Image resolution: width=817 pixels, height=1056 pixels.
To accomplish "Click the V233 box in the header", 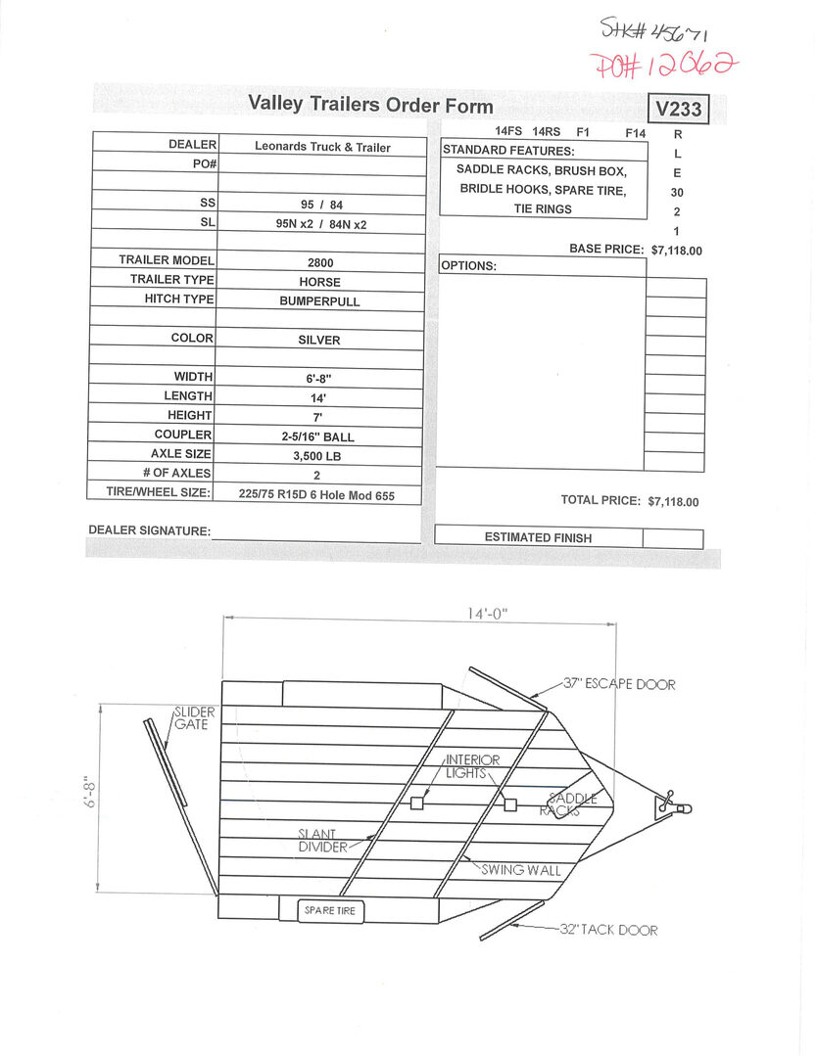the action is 678,109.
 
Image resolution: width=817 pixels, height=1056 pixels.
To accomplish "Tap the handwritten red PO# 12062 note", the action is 663,66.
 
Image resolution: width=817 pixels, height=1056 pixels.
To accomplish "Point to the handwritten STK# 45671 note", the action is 653,29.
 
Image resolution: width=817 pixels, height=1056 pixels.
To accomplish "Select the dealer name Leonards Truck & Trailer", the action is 322,147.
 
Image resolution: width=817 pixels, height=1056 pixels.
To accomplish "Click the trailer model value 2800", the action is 320,262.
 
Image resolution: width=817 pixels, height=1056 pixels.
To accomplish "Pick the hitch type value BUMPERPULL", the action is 319,301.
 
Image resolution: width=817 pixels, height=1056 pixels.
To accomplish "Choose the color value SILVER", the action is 318,341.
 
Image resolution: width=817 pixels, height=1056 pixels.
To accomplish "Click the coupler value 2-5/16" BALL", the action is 317,436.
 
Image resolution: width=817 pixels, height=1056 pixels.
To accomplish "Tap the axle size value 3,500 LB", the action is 316,456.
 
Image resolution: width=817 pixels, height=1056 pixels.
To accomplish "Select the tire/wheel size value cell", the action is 316,495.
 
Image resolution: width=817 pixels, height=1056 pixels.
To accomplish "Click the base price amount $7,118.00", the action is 676,251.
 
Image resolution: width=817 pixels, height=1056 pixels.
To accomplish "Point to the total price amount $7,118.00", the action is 673,502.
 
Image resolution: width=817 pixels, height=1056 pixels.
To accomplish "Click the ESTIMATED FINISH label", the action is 538,537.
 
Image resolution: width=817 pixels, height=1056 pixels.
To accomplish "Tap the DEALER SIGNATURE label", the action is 149,530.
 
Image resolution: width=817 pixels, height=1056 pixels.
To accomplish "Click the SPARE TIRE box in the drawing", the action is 330,910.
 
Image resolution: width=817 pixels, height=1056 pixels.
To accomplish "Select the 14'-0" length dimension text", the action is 487,614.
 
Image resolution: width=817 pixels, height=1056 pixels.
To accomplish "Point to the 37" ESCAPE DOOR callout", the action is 619,684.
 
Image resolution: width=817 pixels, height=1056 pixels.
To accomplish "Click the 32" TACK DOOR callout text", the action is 608,930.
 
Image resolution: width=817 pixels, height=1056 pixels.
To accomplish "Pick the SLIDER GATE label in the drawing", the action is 194,718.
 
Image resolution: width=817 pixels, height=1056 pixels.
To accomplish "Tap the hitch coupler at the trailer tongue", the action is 673,805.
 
